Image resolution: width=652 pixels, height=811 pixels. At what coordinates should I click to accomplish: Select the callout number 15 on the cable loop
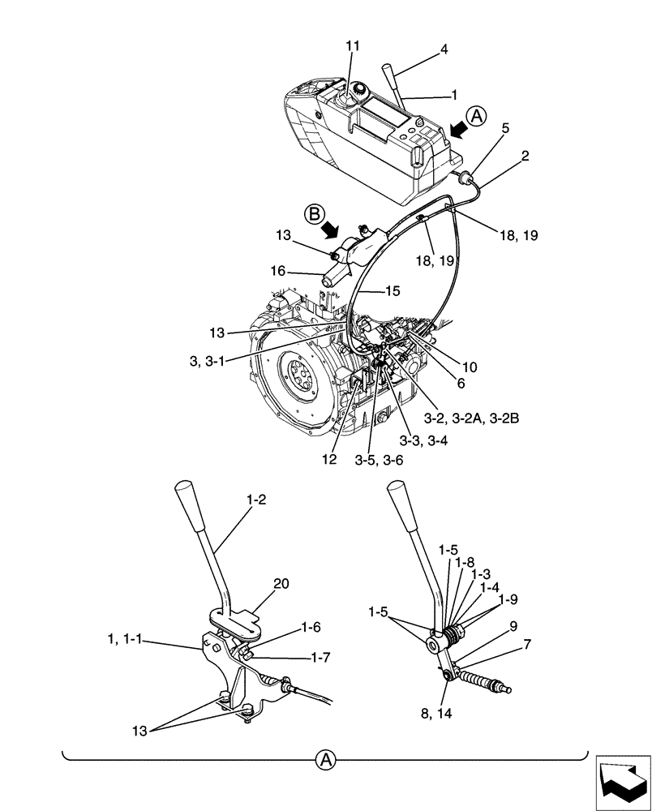pyautogui.click(x=393, y=290)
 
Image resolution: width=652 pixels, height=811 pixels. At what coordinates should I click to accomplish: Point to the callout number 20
pyautogui.click(x=258, y=584)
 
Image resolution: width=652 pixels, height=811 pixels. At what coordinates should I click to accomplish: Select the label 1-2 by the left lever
pyautogui.click(x=256, y=502)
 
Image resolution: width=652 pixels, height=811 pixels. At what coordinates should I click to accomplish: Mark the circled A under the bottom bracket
pyautogui.click(x=325, y=760)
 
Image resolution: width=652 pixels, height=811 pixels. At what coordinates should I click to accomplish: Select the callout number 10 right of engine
pyautogui.click(x=470, y=367)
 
